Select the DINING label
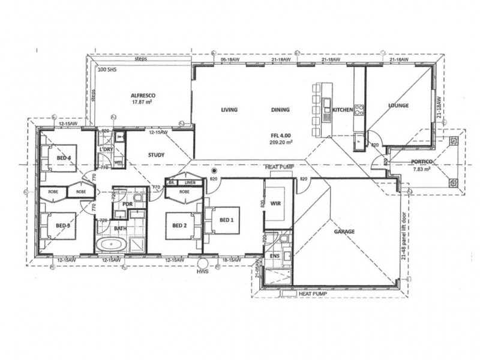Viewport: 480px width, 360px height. click(x=280, y=110)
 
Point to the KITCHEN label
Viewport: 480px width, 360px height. click(x=342, y=110)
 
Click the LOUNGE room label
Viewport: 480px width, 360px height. click(x=398, y=106)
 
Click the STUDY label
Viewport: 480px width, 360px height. click(x=156, y=155)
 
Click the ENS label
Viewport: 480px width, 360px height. click(x=275, y=255)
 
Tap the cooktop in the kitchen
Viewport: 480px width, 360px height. click(x=359, y=110)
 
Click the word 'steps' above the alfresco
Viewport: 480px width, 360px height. click(x=142, y=59)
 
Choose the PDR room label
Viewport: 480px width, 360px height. click(x=127, y=204)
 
